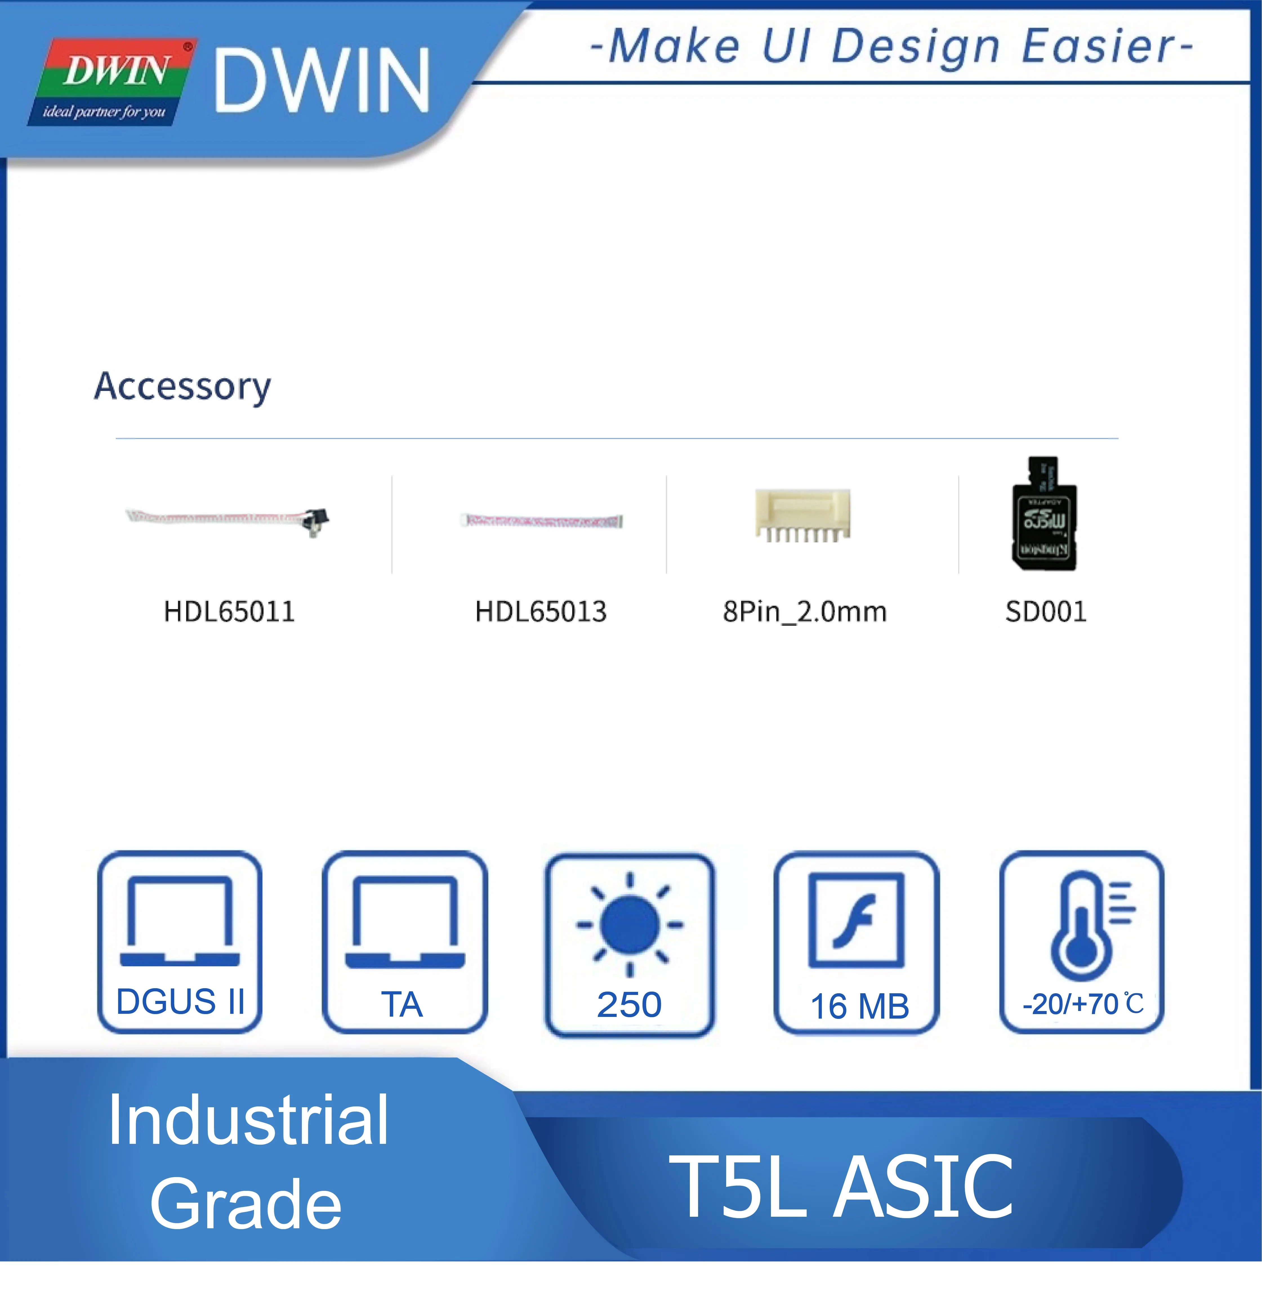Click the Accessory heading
tap(182, 386)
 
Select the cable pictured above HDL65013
tap(541, 520)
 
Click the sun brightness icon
tap(629, 925)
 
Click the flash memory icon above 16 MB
tap(856, 920)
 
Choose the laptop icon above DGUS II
tap(180, 921)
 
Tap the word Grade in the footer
tap(246, 1204)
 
